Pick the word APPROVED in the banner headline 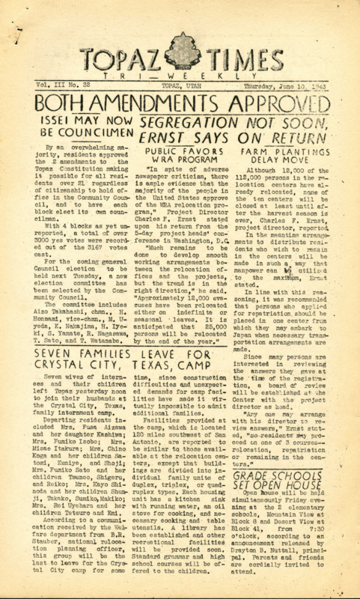pos(281,105)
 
